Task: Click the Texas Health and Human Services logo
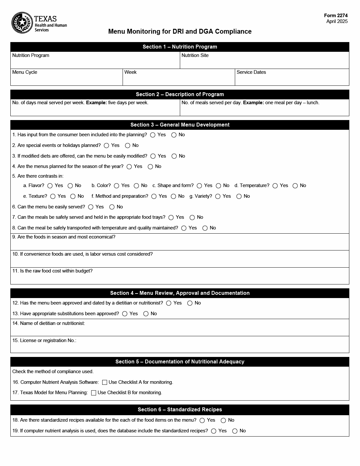click(39, 23)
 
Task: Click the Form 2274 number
click(336, 16)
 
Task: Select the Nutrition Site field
click(264, 62)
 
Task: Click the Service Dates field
click(292, 79)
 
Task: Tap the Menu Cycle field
click(66, 79)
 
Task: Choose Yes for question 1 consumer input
click(153, 135)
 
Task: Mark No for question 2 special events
click(128, 146)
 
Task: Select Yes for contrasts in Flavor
click(50, 186)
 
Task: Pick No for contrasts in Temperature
click(295, 186)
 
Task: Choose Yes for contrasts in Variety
click(218, 196)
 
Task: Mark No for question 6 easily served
click(112, 207)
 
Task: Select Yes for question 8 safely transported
click(184, 228)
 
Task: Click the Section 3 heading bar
click(180, 125)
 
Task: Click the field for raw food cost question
click(180, 278)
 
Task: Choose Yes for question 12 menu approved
click(169, 303)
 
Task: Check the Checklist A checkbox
click(105, 383)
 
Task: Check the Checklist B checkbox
click(94, 393)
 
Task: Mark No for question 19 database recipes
click(235, 431)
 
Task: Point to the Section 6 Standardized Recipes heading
click(180, 410)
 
